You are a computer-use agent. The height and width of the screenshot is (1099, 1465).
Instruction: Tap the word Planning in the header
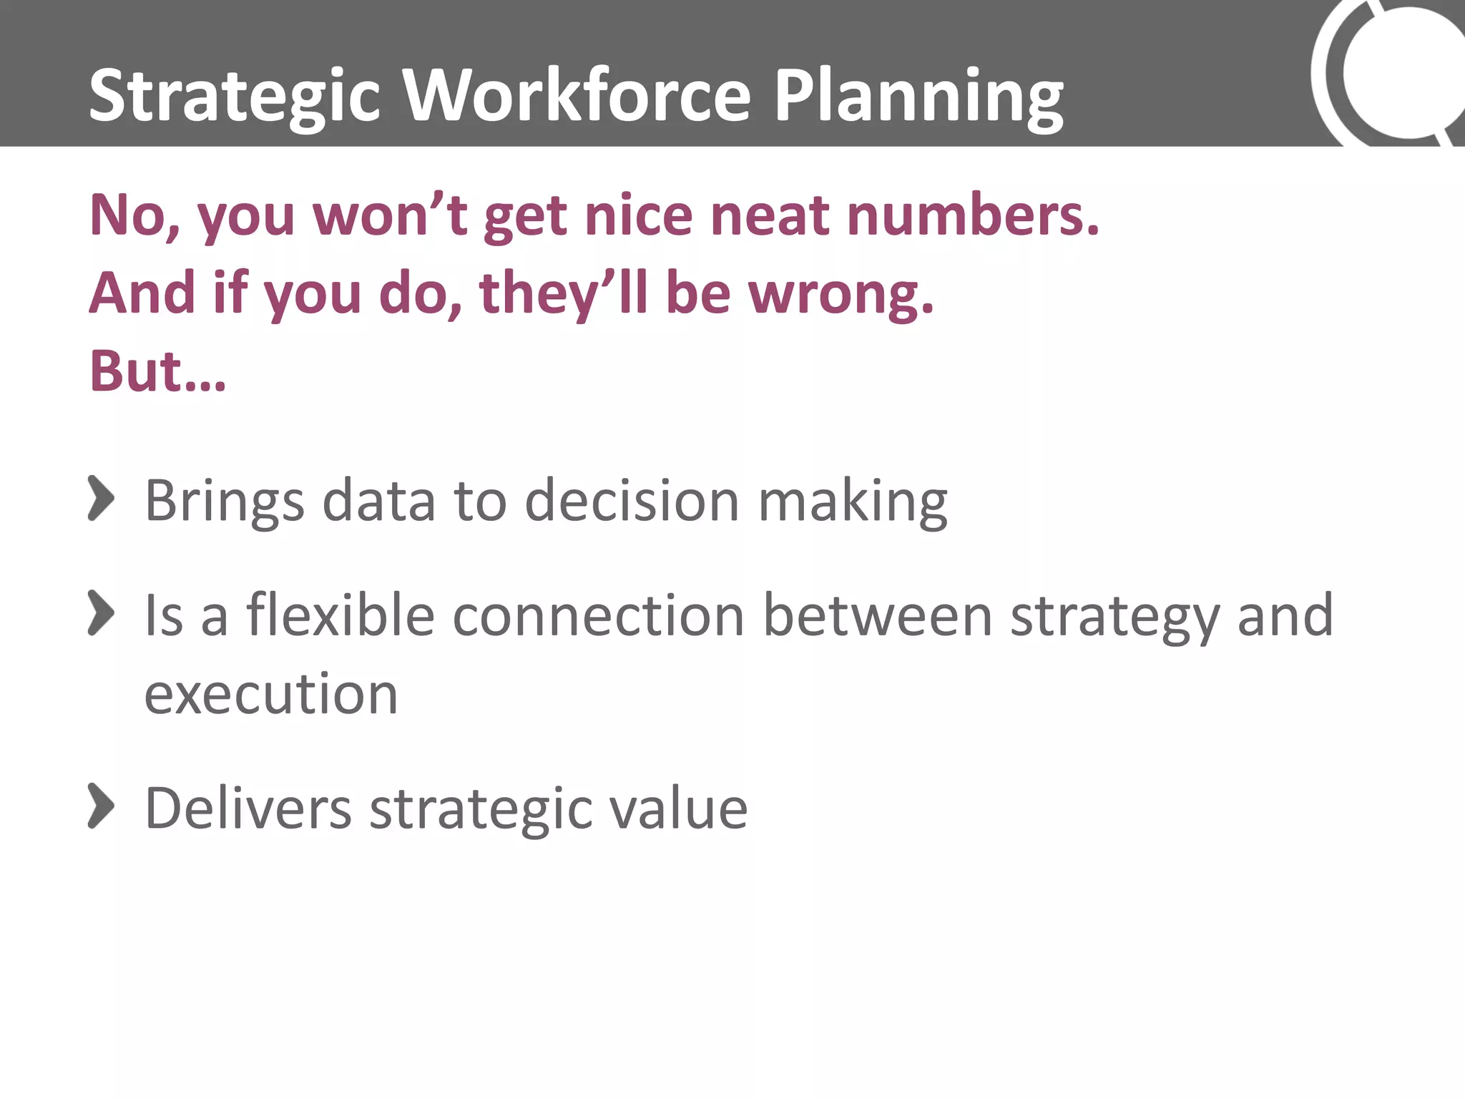(918, 97)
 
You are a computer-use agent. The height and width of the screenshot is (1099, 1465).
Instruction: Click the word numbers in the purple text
(972, 215)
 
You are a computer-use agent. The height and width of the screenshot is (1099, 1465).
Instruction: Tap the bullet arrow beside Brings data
(101, 499)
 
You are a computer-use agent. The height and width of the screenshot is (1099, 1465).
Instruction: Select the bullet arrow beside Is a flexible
(101, 613)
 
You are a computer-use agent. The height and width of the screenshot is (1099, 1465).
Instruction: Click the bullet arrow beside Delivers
(101, 806)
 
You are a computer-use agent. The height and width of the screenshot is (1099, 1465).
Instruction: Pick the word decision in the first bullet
(632, 500)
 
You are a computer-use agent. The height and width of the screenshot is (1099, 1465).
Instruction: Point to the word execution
(271, 694)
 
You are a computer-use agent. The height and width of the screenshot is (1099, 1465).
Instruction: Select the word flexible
(340, 615)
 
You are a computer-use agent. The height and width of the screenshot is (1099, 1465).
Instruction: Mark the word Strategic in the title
(234, 97)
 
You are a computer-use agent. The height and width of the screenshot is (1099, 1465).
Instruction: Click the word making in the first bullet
(853, 500)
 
